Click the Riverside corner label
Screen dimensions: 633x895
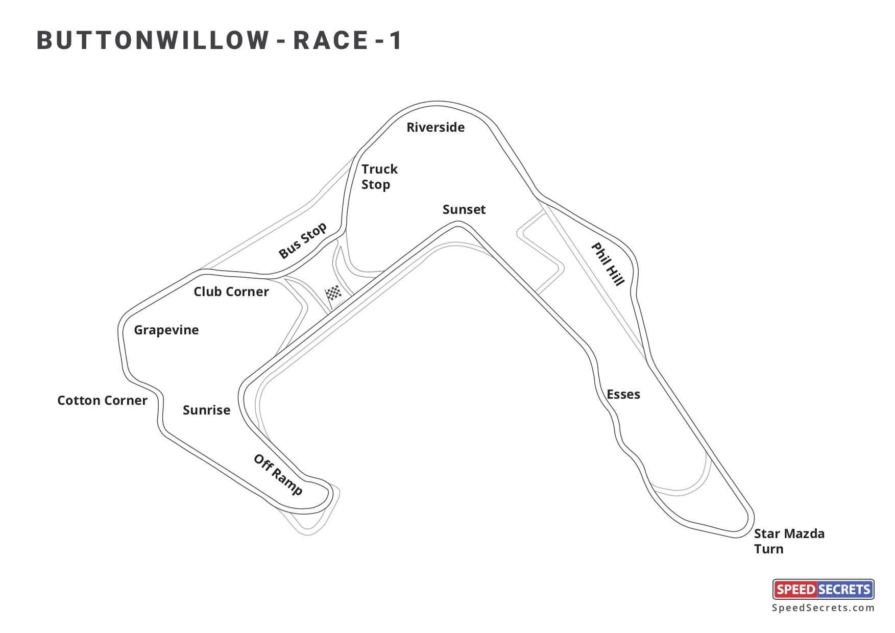tap(436, 127)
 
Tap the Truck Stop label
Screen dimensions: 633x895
tap(379, 177)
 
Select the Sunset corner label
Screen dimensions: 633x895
tap(464, 209)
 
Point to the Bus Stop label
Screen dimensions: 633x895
tap(302, 240)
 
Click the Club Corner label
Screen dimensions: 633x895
tap(231, 291)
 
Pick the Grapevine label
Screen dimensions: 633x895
tap(166, 330)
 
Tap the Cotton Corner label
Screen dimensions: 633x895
tap(102, 400)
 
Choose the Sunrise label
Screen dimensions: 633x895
tap(206, 410)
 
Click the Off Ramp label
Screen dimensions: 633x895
tap(278, 475)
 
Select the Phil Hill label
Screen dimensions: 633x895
tap(608, 264)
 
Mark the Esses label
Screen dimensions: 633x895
tap(623, 394)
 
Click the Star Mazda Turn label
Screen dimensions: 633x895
tap(789, 541)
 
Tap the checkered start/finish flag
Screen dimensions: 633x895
tap(334, 295)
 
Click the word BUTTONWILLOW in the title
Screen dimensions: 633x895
tap(153, 41)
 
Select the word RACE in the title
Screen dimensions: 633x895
tap(330, 41)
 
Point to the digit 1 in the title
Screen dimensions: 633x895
tap(396, 41)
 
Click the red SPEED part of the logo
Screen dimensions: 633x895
tap(795, 590)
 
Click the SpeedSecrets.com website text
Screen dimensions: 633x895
tap(823, 608)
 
